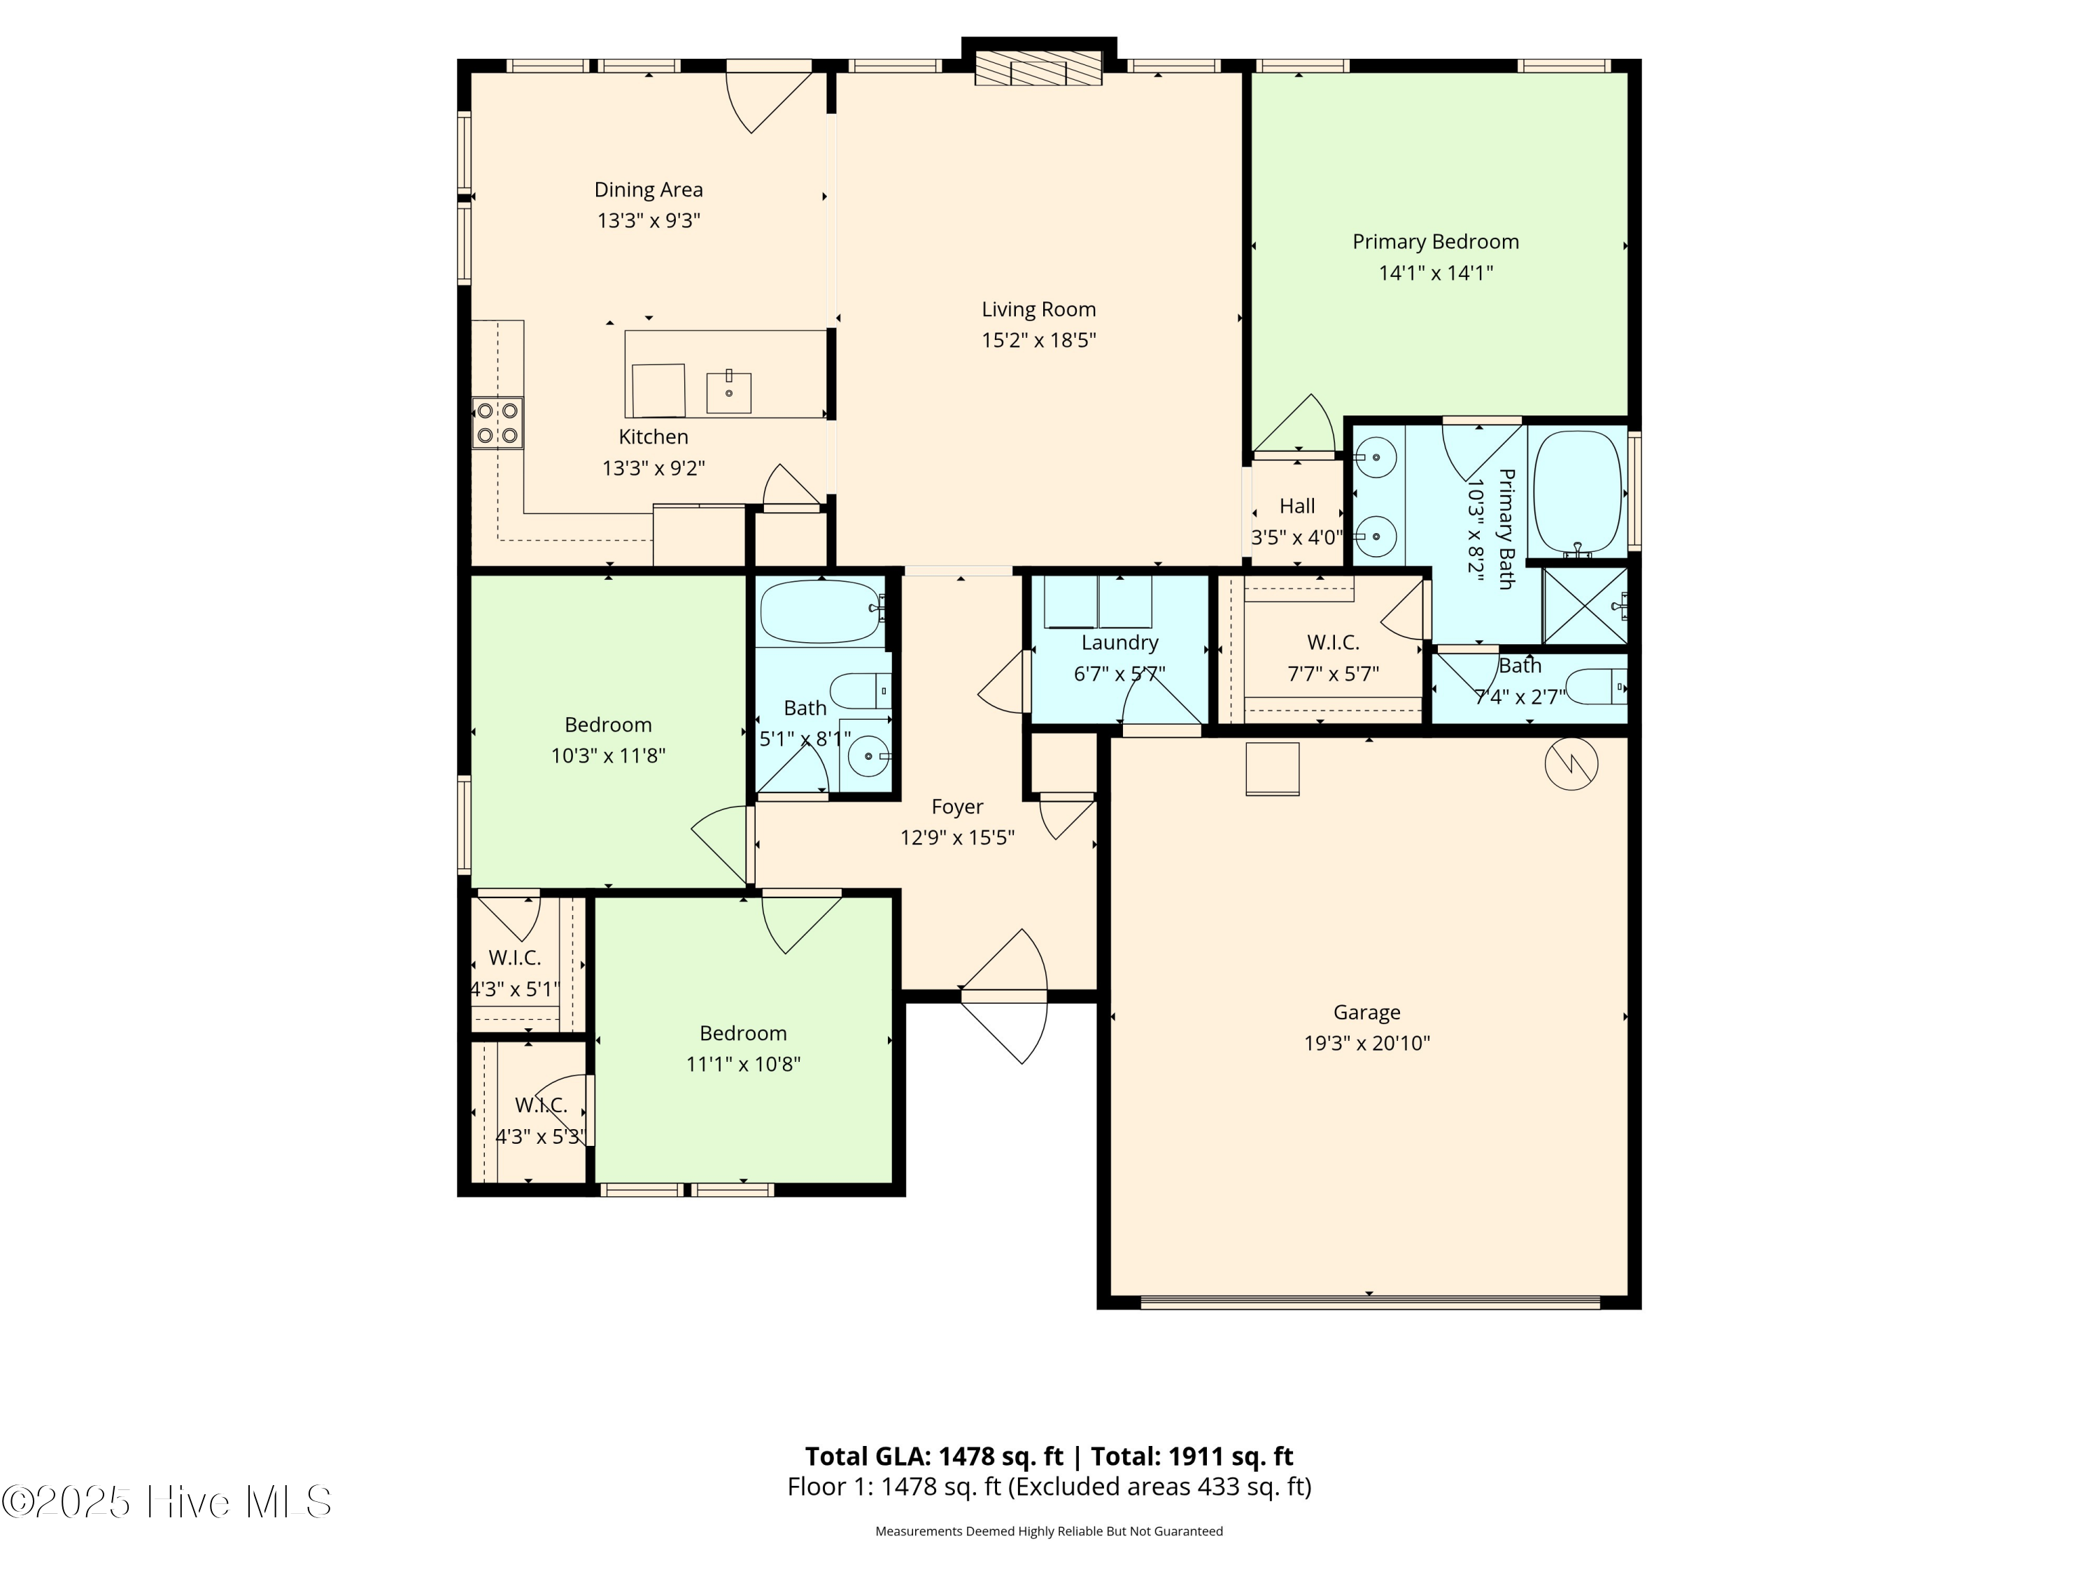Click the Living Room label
1038,309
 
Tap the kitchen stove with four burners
498,423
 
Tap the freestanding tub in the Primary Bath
1578,492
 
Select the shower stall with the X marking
1585,605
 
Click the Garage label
1366,1012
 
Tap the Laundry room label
1119,642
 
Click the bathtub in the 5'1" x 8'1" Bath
822,612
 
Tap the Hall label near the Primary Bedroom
1297,506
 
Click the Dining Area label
648,190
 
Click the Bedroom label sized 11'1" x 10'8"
743,1033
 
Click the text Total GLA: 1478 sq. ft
935,1456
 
